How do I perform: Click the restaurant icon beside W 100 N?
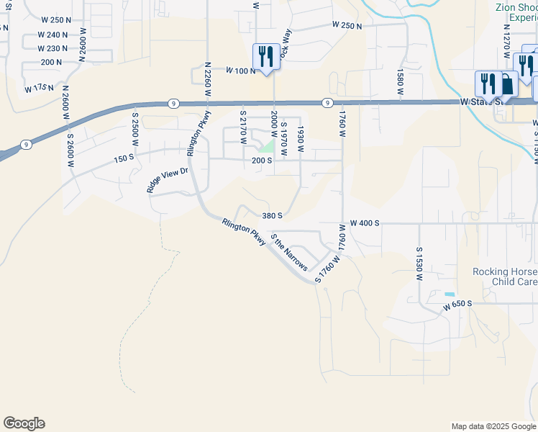click(x=267, y=57)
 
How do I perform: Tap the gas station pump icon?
click(x=507, y=84)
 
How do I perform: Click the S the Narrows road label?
click(x=288, y=252)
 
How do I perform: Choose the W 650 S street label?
click(x=457, y=305)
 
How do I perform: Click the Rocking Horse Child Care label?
click(x=504, y=276)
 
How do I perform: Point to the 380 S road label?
click(x=272, y=215)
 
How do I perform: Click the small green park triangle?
click(x=267, y=146)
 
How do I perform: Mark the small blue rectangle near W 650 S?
click(x=450, y=294)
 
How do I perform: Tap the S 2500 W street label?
click(x=134, y=127)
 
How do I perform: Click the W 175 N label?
click(x=39, y=89)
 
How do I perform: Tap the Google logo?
click(x=24, y=423)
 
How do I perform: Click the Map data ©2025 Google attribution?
click(x=493, y=426)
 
